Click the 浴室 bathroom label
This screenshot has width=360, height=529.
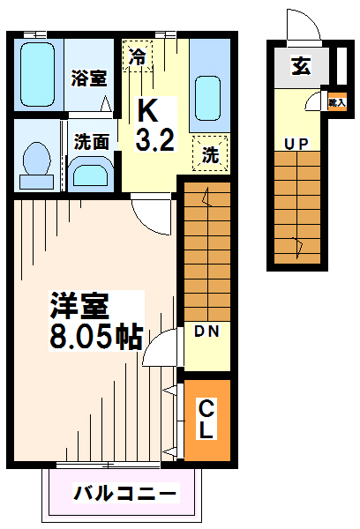pyautogui.click(x=89, y=78)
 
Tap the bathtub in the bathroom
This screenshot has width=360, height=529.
pyautogui.click(x=38, y=74)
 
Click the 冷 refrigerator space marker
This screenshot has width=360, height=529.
pyautogui.click(x=137, y=56)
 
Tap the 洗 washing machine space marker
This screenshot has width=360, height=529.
pyautogui.click(x=210, y=152)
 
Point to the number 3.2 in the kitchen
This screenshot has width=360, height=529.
pyautogui.click(x=150, y=138)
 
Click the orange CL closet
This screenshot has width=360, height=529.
pyautogui.click(x=206, y=419)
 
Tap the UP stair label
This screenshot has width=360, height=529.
pyautogui.click(x=296, y=142)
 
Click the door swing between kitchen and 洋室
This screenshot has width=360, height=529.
pyautogui.click(x=151, y=215)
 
